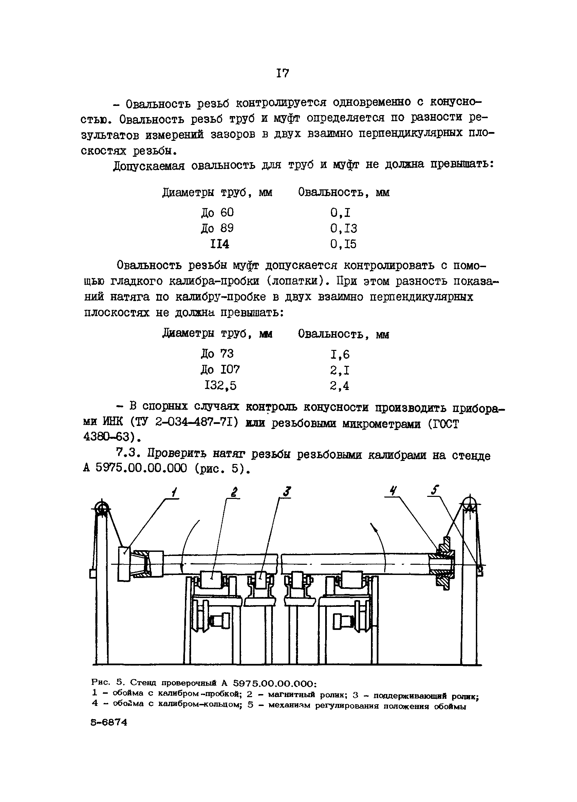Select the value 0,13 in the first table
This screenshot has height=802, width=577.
click(343, 228)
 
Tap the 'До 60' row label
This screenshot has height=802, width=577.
click(217, 212)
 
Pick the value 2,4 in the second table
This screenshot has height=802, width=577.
click(339, 386)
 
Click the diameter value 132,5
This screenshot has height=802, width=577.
click(220, 386)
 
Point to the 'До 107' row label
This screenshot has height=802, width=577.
click(220, 370)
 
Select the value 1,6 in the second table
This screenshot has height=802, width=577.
click(340, 354)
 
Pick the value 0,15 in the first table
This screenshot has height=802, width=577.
click(343, 244)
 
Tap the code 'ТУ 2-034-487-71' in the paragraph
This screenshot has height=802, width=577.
click(187, 423)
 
